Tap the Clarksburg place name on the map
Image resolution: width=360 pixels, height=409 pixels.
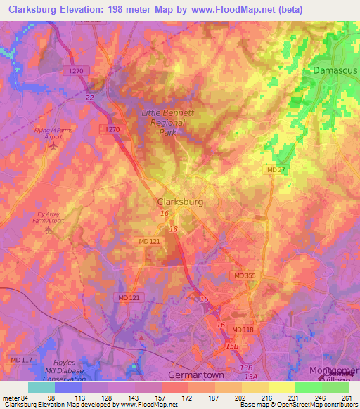pos(180,202)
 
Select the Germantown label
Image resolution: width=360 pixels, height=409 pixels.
pos(195,375)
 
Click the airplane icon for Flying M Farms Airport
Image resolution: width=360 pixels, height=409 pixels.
pos(53,145)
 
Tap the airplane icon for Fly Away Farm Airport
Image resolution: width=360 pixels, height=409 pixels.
pos(49,229)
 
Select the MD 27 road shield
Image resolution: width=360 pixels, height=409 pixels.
pos(275,170)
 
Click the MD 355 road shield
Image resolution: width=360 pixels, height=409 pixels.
pos(245,275)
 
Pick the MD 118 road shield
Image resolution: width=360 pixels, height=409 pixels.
pos(243,330)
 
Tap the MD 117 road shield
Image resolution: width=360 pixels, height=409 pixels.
pos(22,360)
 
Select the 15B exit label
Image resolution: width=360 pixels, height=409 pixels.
pos(231,346)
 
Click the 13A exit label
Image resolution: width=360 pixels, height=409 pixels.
pos(250,377)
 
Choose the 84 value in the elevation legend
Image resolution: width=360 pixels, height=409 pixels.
pos(28,397)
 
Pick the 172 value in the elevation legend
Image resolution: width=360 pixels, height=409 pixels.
pos(188,397)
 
